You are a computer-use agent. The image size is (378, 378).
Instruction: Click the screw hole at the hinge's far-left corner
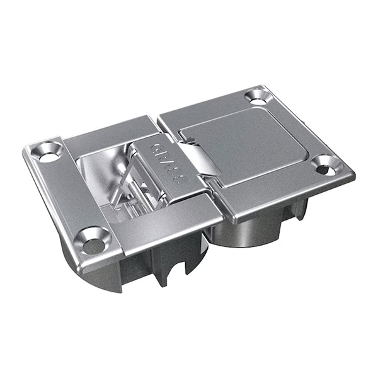48,151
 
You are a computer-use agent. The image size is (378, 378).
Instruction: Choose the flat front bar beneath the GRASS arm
170,224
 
